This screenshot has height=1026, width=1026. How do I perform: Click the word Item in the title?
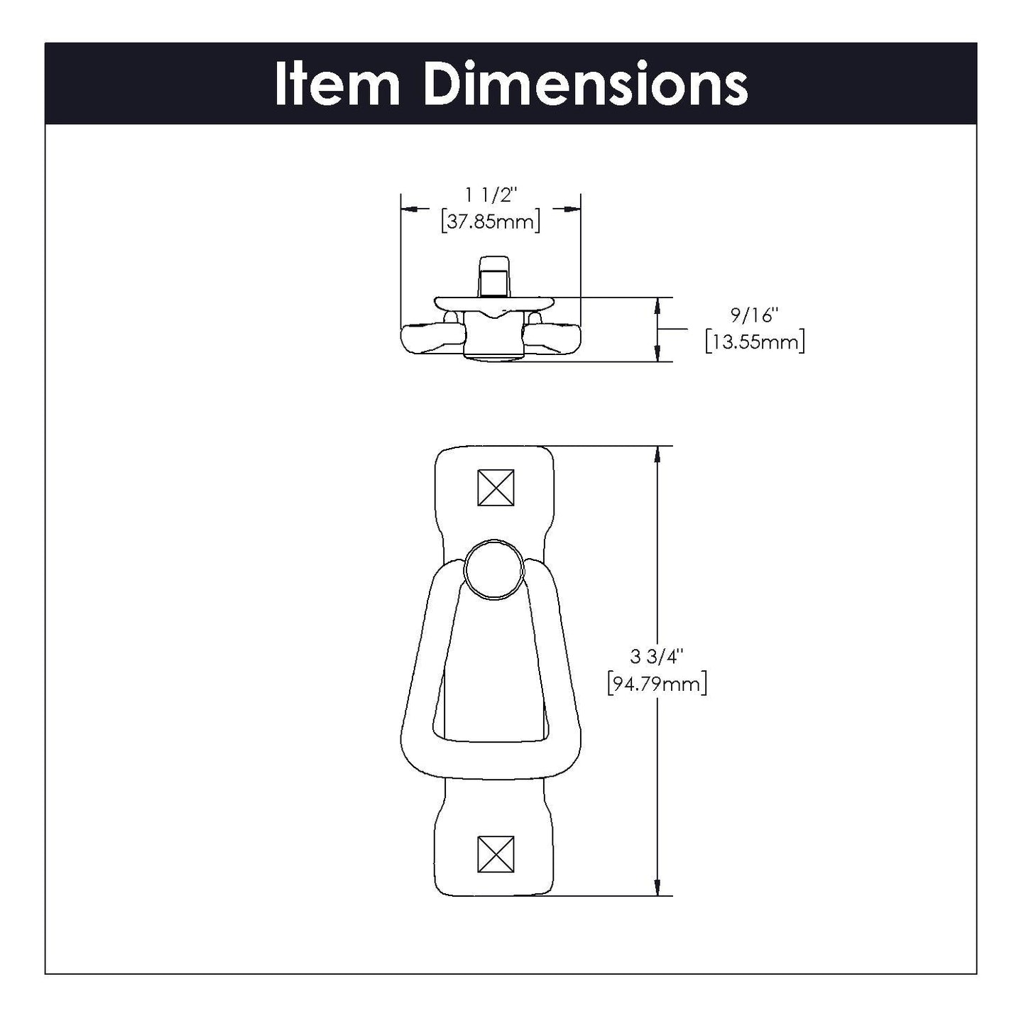click(x=337, y=84)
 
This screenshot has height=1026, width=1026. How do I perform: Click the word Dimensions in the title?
click(x=586, y=84)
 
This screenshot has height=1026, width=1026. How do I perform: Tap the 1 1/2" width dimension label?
click(x=491, y=195)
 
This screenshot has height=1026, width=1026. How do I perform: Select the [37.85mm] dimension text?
click(x=491, y=222)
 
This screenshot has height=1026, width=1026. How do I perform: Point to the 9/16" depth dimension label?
click(x=755, y=316)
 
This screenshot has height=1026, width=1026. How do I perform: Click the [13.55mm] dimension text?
click(x=755, y=342)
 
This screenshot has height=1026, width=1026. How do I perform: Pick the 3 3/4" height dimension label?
click(x=656, y=657)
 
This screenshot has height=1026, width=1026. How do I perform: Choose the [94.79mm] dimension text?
click(x=657, y=684)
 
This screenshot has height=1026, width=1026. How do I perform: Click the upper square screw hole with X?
click(x=496, y=488)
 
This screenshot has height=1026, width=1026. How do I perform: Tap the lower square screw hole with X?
click(x=496, y=855)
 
